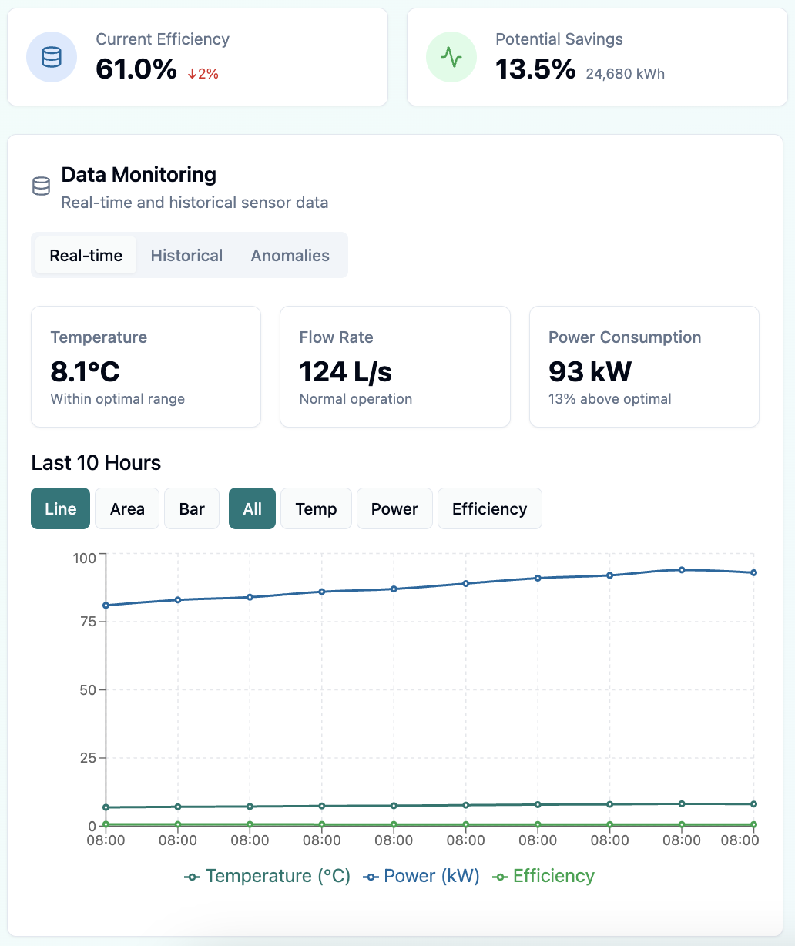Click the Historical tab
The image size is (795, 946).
pyautogui.click(x=186, y=256)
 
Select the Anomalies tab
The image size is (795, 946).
pyautogui.click(x=290, y=256)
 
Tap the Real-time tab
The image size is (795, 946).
pyautogui.click(x=86, y=256)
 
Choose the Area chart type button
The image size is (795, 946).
pyautogui.click(x=127, y=509)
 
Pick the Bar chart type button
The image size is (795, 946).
pyautogui.click(x=192, y=509)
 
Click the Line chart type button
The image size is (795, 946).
pyautogui.click(x=60, y=509)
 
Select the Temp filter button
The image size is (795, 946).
pyautogui.click(x=316, y=509)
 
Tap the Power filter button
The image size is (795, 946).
pyautogui.click(x=394, y=509)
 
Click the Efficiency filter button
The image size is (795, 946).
pyautogui.click(x=489, y=509)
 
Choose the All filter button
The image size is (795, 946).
pyautogui.click(x=252, y=509)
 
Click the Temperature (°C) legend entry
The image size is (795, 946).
pyautogui.click(x=268, y=877)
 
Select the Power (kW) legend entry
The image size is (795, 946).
pyautogui.click(x=422, y=877)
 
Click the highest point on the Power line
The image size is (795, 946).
pyautogui.click(x=682, y=570)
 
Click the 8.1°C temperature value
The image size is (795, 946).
pyautogui.click(x=85, y=372)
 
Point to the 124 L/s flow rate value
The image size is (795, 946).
pyautogui.click(x=345, y=372)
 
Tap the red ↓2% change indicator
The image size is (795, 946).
pyautogui.click(x=203, y=74)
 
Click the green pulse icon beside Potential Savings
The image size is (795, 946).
pyautogui.click(x=451, y=57)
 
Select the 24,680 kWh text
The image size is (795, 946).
pyautogui.click(x=625, y=74)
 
